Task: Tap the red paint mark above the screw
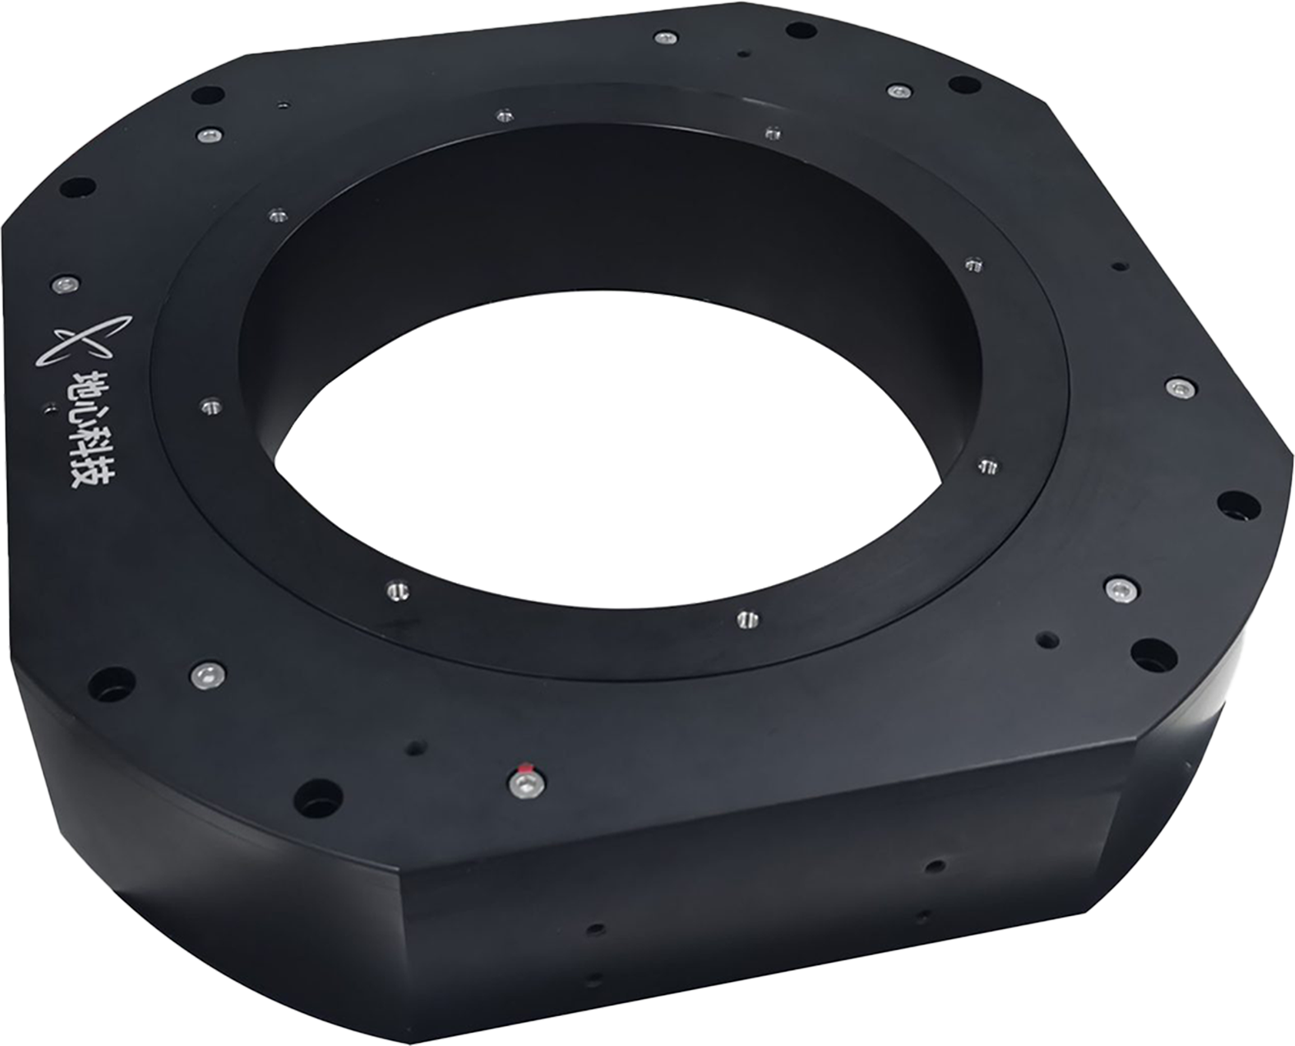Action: pyautogui.click(x=526, y=767)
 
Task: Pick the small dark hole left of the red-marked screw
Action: pyautogui.click(x=416, y=747)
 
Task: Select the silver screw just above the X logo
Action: pyautogui.click(x=65, y=283)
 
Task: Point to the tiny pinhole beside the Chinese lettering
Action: pyautogui.click(x=52, y=408)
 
